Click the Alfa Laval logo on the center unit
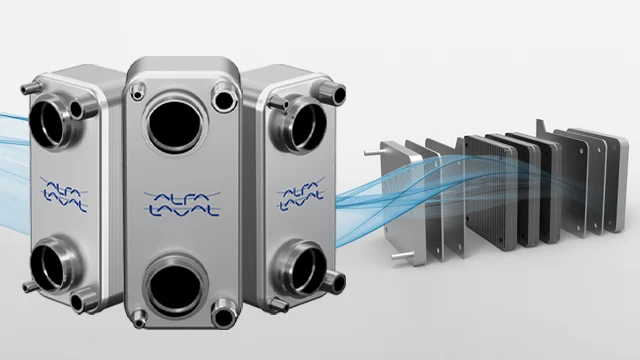pyautogui.click(x=182, y=204)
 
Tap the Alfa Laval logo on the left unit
pyautogui.click(x=64, y=194)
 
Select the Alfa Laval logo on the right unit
pyautogui.click(x=300, y=194)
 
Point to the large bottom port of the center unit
pyautogui.click(x=176, y=285)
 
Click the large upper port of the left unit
pyautogui.click(x=51, y=123)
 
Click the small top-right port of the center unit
pyautogui.click(x=224, y=98)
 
